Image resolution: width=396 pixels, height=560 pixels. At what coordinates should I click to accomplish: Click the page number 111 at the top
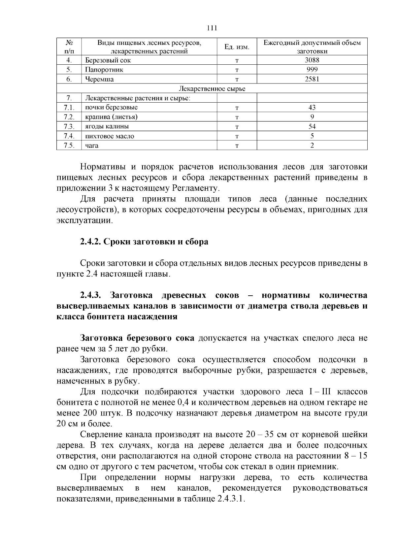click(x=212, y=28)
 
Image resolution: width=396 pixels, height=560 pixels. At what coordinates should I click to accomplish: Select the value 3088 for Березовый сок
click(x=312, y=60)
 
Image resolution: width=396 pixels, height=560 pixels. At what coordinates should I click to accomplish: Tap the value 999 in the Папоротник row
click(x=312, y=69)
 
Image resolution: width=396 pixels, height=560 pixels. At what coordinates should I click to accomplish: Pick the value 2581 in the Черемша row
click(x=312, y=79)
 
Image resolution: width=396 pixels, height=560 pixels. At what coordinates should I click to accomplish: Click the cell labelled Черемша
click(x=99, y=79)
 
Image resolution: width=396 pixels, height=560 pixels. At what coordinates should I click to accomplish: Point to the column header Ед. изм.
click(x=237, y=47)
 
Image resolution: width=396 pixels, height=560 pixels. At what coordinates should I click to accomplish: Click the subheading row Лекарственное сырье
click(x=212, y=88)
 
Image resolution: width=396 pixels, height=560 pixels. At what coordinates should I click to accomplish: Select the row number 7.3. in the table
click(x=69, y=126)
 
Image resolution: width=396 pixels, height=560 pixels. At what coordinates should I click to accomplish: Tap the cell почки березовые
click(x=111, y=108)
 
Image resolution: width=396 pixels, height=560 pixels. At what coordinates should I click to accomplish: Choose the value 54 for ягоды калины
click(x=312, y=126)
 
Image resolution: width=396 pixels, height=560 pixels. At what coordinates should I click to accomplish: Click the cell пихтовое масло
click(x=110, y=136)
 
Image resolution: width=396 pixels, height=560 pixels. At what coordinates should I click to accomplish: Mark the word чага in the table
click(x=92, y=146)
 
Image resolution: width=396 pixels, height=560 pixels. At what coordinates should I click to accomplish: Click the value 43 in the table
click(x=312, y=108)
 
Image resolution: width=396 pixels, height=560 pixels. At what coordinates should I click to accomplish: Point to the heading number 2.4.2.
click(x=90, y=242)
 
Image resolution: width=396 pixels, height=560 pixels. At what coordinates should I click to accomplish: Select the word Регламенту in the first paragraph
click(x=195, y=188)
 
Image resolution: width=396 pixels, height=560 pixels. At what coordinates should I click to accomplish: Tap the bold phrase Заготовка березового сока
click(x=137, y=338)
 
